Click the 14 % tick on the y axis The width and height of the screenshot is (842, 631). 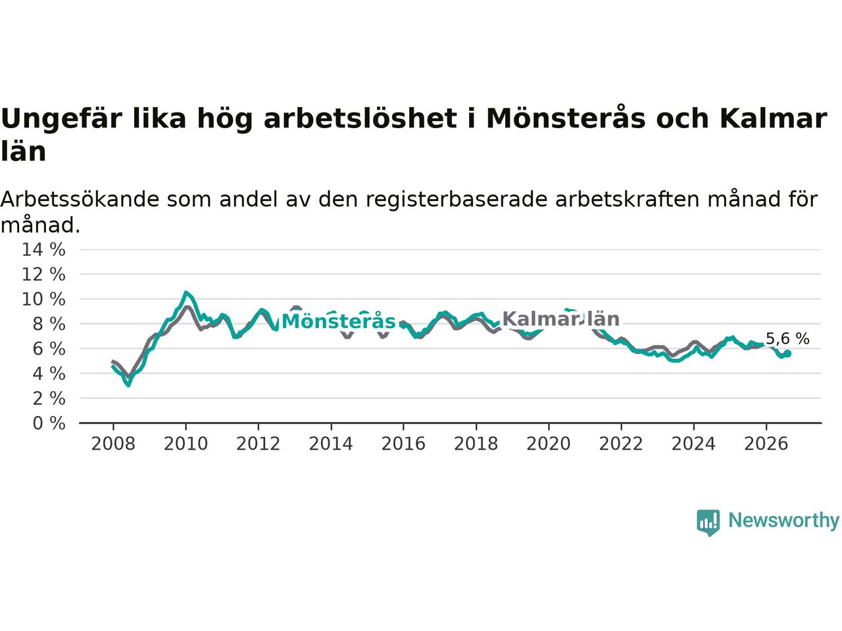tap(43, 249)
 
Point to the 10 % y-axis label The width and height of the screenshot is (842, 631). tap(43, 299)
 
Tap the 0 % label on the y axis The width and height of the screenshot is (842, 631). tap(49, 423)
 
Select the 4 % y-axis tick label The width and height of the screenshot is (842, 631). tap(49, 373)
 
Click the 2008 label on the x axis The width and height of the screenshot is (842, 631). tap(113, 444)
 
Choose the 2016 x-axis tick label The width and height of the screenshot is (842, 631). tap(403, 444)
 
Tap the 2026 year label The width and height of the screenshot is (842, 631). tap(766, 444)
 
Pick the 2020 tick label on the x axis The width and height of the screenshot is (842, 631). tap(548, 444)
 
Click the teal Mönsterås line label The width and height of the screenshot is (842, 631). tap(338, 321)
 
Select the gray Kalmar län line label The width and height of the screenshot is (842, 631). tap(561, 319)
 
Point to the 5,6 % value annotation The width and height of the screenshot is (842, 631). tap(787, 339)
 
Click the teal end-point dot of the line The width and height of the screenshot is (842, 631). tap(787, 354)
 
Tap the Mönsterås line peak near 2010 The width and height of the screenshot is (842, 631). tap(186, 292)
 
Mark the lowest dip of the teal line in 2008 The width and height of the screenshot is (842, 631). tap(128, 385)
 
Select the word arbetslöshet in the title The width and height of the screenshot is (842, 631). tap(360, 118)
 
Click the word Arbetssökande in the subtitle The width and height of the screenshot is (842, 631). tap(80, 199)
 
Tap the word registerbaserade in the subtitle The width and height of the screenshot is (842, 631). tap(456, 200)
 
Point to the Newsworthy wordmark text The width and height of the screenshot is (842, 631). tap(783, 521)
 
